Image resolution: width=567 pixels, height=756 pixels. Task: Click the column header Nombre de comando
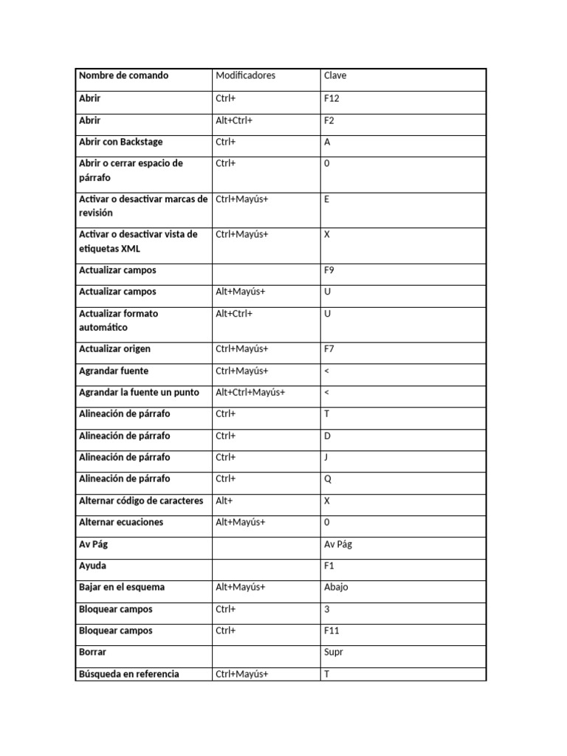click(x=123, y=76)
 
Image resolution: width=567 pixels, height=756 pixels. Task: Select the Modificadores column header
click(x=245, y=76)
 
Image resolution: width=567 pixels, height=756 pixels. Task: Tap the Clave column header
click(x=334, y=76)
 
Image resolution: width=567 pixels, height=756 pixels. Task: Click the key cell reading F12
click(x=331, y=98)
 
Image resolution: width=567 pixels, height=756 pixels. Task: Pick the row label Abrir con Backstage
click(x=121, y=142)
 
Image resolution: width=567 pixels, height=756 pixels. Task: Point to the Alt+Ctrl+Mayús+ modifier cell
click(x=250, y=393)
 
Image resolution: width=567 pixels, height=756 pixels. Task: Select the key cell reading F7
click(x=329, y=349)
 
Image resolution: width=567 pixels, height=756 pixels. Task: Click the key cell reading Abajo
click(x=336, y=588)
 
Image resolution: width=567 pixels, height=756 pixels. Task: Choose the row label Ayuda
click(x=92, y=566)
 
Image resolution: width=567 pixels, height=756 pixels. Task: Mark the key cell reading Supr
click(x=334, y=653)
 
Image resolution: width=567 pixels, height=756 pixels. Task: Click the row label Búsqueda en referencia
click(x=128, y=674)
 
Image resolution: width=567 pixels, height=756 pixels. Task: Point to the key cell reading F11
click(x=331, y=631)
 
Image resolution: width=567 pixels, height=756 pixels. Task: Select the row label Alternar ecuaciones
click(x=121, y=523)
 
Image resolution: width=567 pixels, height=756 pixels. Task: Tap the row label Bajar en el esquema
click(x=122, y=588)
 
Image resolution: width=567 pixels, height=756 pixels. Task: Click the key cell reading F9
click(x=329, y=271)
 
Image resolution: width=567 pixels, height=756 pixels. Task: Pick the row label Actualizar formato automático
click(x=118, y=320)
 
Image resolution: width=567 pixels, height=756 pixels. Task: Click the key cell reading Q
click(x=328, y=479)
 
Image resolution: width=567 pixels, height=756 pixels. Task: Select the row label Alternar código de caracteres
click(x=141, y=501)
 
